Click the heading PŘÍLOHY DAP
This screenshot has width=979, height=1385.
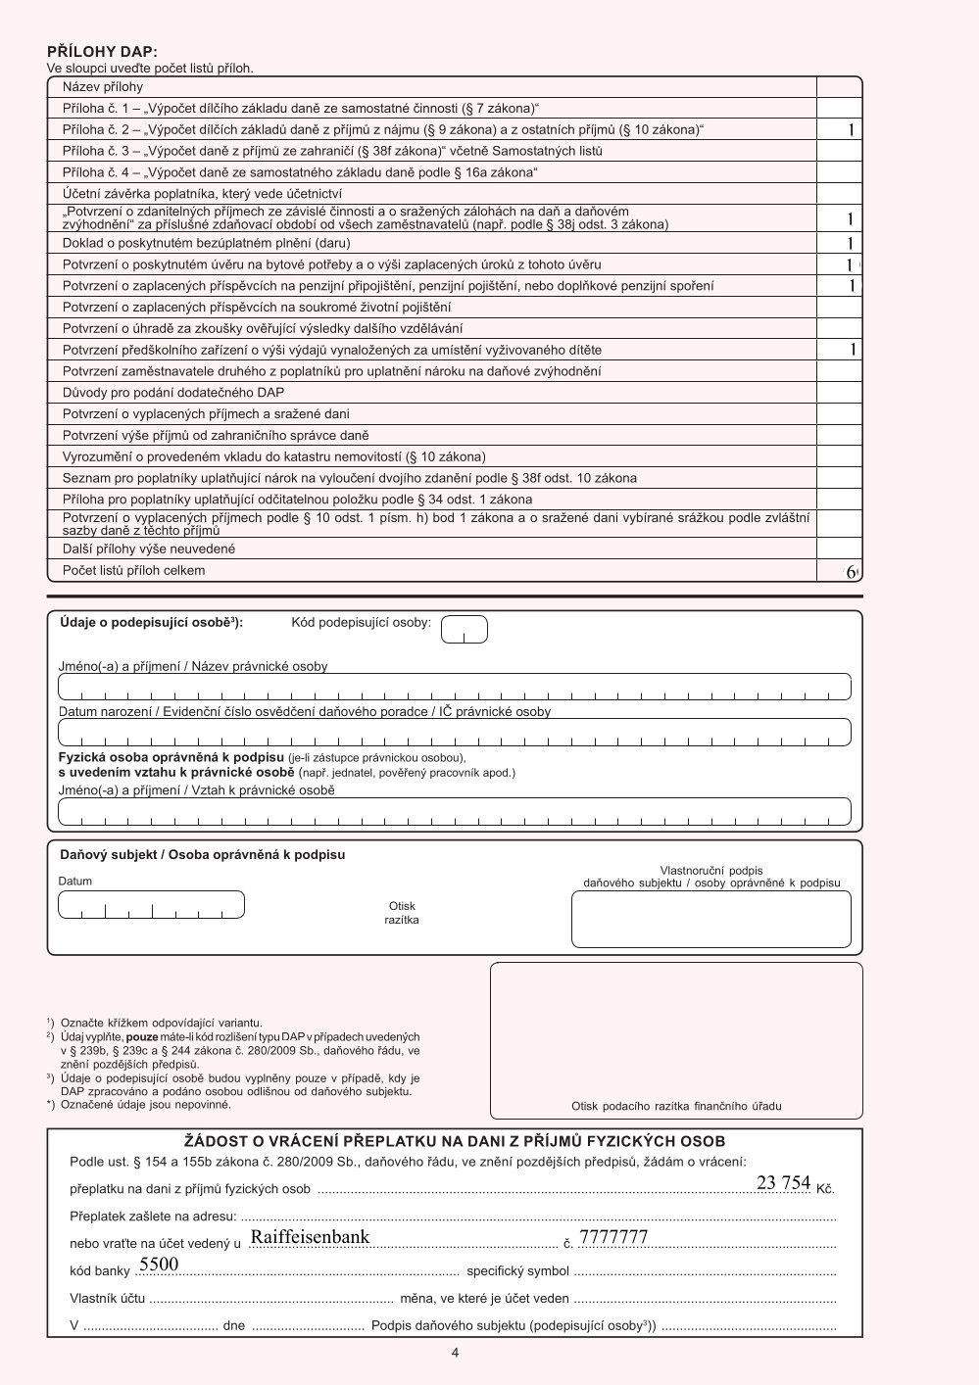click(x=102, y=52)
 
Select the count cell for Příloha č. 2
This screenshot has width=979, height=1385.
click(x=840, y=129)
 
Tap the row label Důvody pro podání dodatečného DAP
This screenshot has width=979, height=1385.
click(x=173, y=393)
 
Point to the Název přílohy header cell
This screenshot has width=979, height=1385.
click(x=103, y=87)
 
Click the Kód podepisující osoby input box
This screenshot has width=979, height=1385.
click(x=464, y=629)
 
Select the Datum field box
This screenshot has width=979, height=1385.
click(x=151, y=904)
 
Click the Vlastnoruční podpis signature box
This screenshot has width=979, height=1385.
click(x=710, y=920)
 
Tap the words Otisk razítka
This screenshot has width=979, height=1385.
click(x=402, y=913)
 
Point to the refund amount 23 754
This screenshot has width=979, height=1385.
click(x=783, y=1183)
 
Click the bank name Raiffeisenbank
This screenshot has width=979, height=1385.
click(x=310, y=1237)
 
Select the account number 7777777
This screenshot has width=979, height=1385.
click(x=613, y=1237)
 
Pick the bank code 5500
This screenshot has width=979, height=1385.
click(x=159, y=1265)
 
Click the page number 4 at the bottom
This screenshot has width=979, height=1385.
click(x=455, y=1353)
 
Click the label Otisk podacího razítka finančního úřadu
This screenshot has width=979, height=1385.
click(x=676, y=1106)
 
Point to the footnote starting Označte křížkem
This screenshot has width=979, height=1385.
click(x=161, y=1024)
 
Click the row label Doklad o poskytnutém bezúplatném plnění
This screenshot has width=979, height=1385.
click(x=206, y=243)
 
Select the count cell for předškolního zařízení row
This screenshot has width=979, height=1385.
click(x=840, y=350)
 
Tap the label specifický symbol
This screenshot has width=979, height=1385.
click(x=517, y=1271)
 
